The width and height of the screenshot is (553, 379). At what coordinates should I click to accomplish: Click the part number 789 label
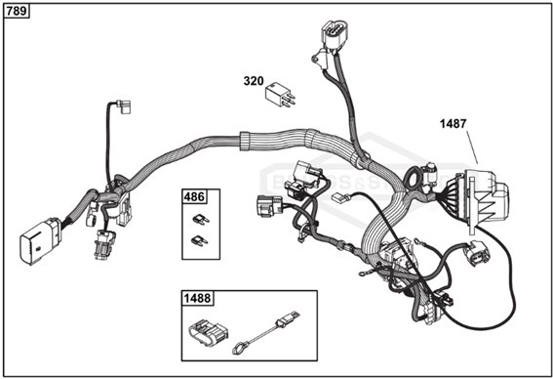18,12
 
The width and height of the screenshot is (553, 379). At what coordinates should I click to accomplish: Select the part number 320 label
254,82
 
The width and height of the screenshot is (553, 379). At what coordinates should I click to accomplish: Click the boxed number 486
194,197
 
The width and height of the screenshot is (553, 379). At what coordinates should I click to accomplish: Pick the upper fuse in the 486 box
201,219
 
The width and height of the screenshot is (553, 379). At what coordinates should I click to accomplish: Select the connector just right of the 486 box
269,206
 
